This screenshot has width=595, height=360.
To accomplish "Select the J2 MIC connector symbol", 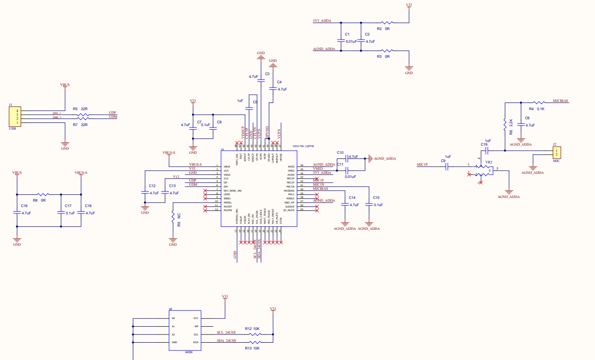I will pos(556,152).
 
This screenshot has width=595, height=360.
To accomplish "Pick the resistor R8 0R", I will pos(44,194).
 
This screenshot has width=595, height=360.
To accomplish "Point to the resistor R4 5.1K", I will pos(540,103).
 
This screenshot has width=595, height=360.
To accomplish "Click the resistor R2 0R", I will pos(387,22).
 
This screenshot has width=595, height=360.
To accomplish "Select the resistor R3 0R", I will pos(387,51).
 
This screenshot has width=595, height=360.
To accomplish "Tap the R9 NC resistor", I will pos(173,217).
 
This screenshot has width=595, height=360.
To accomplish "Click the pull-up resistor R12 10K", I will pos(255,334).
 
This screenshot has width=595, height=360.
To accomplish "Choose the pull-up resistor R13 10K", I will pos(255,342).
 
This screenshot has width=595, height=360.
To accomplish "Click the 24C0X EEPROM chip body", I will pos(185,330).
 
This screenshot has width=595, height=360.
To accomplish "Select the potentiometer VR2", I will pos(483,170).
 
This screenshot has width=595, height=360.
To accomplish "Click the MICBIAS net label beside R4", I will pos(560,101).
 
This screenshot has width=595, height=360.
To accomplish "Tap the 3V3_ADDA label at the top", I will pos(322,21).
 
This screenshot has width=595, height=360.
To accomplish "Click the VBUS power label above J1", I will pos(65,85).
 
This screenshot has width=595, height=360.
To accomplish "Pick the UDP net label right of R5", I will pos(112,113).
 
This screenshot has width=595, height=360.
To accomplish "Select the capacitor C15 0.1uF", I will pos(369,205).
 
